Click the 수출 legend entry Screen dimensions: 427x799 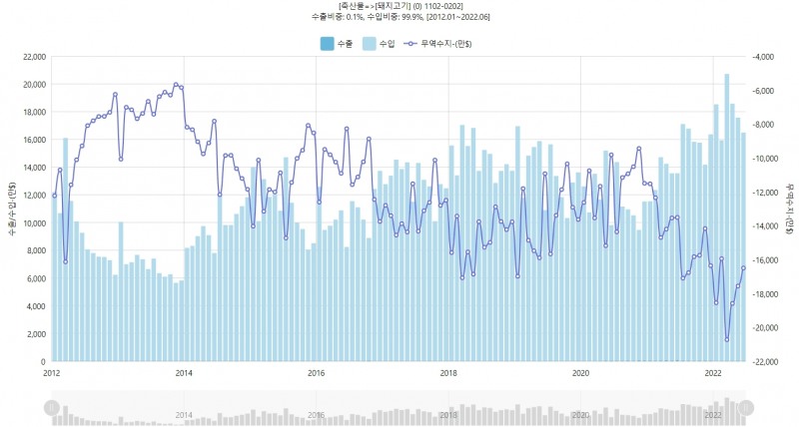[336, 43]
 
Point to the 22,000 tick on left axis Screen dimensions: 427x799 [32, 57]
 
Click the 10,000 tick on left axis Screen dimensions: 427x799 [32, 223]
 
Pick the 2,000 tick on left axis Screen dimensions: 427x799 [35, 334]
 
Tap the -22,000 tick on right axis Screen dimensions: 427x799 [765, 362]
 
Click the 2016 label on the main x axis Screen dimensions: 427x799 [316, 373]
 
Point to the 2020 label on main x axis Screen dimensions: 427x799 [579, 373]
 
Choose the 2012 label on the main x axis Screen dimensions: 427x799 [52, 373]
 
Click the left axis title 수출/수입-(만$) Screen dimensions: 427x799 [11, 210]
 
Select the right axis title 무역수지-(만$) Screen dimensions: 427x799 [788, 210]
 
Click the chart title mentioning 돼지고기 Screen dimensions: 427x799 [399, 7]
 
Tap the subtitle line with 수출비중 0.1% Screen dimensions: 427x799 [399, 18]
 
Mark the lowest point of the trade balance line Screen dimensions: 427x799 [726, 340]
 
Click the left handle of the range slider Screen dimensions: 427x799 [52, 407]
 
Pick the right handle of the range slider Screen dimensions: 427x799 [744, 407]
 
